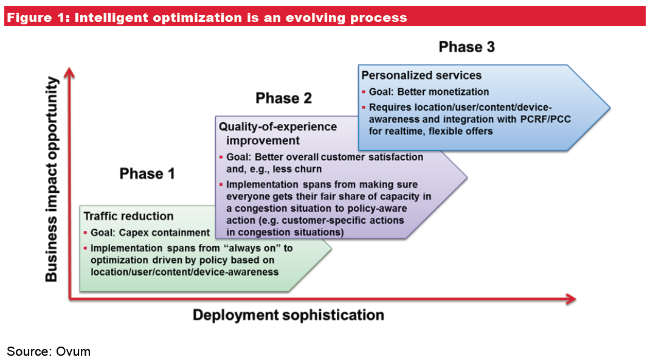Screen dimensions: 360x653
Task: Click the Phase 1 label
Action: (x=147, y=174)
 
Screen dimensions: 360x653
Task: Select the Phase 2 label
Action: (x=283, y=99)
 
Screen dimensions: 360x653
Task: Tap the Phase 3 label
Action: (x=466, y=47)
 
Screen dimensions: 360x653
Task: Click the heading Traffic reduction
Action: (x=128, y=216)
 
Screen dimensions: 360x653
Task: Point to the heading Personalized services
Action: (x=421, y=75)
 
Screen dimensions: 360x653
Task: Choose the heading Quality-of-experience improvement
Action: (x=277, y=134)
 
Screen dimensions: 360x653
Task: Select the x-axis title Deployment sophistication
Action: (x=288, y=314)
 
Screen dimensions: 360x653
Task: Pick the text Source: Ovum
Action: (x=49, y=351)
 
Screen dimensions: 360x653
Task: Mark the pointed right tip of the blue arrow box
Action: (x=609, y=108)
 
